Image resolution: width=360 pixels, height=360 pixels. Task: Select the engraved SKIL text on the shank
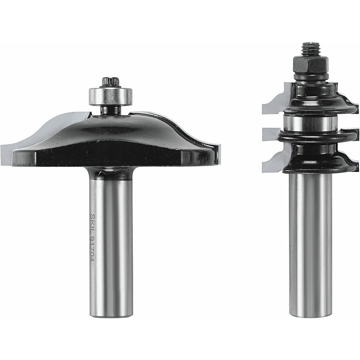pyautogui.click(x=93, y=221)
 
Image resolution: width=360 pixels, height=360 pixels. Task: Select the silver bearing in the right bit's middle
pyautogui.click(x=310, y=122)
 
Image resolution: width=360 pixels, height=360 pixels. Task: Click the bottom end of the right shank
pyautogui.click(x=310, y=315)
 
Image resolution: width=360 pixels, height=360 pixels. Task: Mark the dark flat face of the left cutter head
pyautogui.click(x=108, y=153)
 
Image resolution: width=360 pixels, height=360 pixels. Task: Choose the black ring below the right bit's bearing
pyautogui.click(x=317, y=136)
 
